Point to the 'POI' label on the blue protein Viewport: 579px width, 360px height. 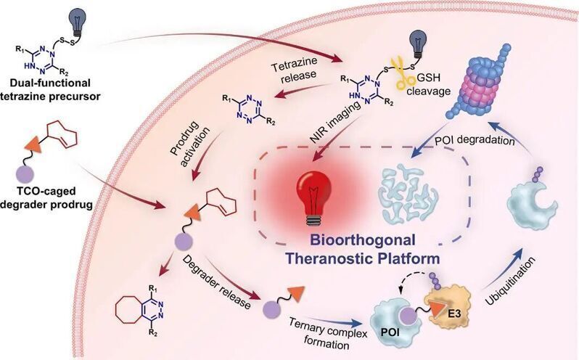pos(390,332)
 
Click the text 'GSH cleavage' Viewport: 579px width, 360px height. pos(428,84)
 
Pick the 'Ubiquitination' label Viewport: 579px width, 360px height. pos(510,281)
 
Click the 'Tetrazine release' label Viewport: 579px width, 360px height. pos(294,70)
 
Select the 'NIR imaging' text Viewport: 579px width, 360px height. pos(335,122)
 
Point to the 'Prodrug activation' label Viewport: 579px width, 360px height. pos(190,142)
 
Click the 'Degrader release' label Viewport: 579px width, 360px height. pos(217,282)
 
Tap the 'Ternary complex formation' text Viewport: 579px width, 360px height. pos(327,333)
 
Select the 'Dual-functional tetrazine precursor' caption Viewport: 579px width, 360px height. pos(50,90)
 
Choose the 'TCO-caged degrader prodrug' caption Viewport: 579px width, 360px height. pos(46,197)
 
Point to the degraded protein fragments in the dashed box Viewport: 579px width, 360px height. pos(408,195)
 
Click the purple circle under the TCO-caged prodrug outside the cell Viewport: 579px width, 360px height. pos(25,174)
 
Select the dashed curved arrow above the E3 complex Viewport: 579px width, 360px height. pos(412,279)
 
